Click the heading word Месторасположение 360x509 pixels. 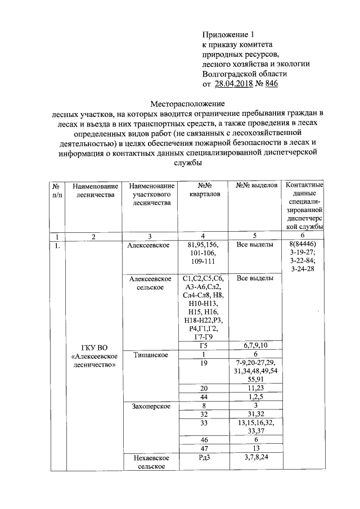[x=187, y=104]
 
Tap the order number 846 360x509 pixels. [x=270, y=84]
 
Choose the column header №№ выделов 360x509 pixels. [x=256, y=186]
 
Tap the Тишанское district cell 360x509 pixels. [x=149, y=355]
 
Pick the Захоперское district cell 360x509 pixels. [x=149, y=406]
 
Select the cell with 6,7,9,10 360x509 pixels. [x=256, y=345]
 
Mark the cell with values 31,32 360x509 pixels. [x=256, y=415]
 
